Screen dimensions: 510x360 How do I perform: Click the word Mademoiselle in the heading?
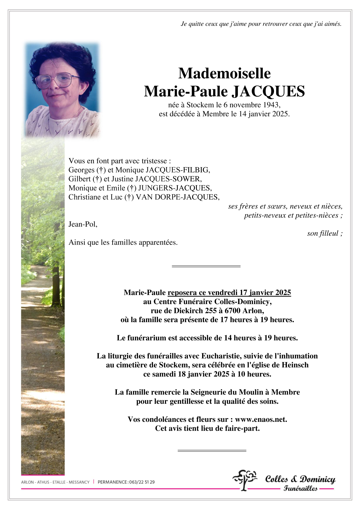[x=224, y=73]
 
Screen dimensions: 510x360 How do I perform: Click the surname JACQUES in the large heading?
[x=268, y=91]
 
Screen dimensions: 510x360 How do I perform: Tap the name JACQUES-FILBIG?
[x=178, y=170]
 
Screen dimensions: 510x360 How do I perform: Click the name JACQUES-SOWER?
[x=168, y=179]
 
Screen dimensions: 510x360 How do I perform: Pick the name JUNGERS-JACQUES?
[x=174, y=188]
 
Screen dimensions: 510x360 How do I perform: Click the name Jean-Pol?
[x=83, y=224]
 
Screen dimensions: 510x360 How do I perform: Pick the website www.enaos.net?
[x=261, y=419]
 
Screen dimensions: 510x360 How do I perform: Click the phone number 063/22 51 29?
[x=142, y=482]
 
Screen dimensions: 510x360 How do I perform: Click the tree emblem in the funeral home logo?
[x=244, y=479]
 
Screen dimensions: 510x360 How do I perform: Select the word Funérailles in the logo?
[x=300, y=488]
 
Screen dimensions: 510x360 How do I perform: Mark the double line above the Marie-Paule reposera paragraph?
[x=206, y=266]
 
